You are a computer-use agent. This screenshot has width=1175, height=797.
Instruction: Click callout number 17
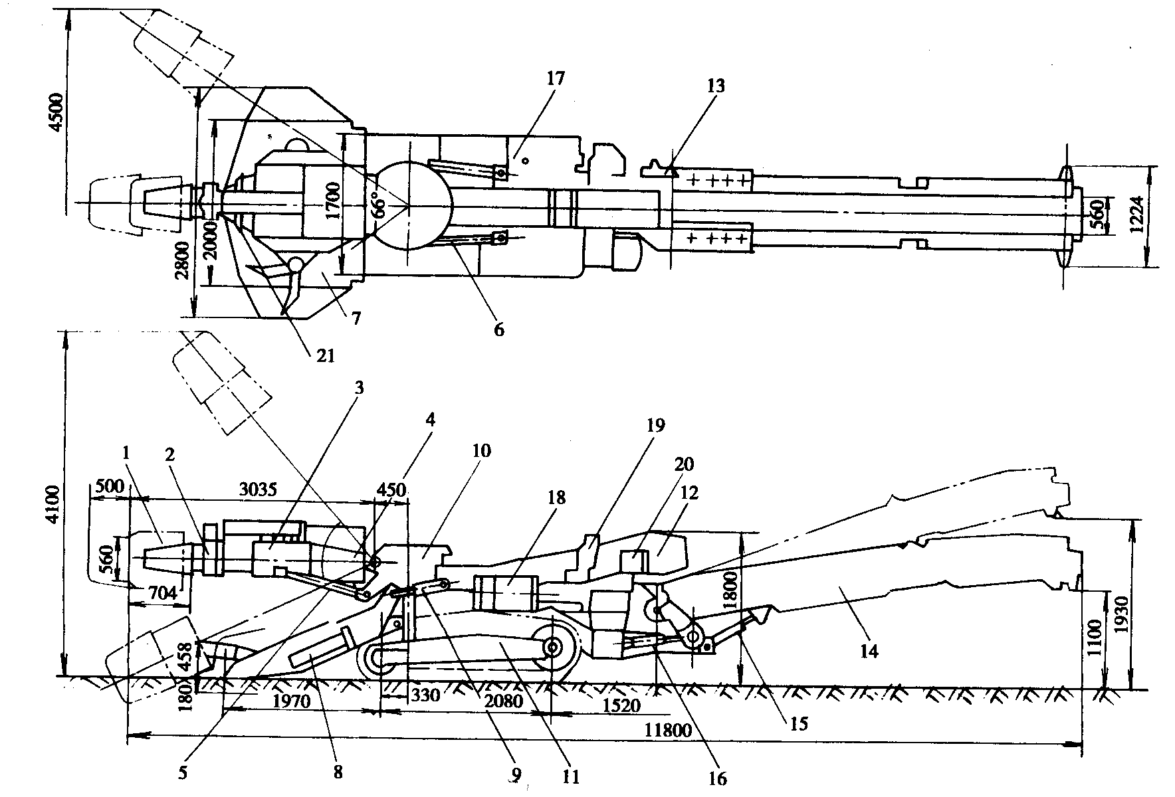pos(555,78)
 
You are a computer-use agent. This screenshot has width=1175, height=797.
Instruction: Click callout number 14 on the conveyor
pos(869,652)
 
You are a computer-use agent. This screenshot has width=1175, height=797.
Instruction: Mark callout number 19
pos(655,425)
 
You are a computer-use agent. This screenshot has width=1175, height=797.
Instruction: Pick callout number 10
pos(481,451)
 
